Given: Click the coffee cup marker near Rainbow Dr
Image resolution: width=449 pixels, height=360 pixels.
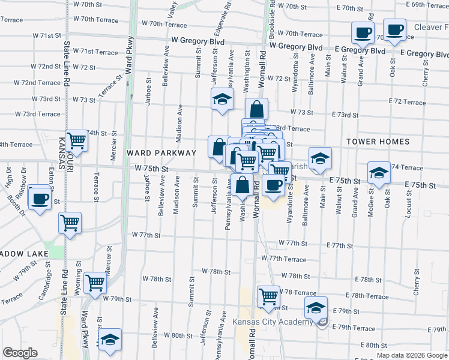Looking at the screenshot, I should [40, 197].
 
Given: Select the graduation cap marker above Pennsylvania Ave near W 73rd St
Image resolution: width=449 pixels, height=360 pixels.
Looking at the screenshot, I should [221, 100].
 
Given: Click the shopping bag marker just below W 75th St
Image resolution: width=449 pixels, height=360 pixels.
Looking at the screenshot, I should [243, 185].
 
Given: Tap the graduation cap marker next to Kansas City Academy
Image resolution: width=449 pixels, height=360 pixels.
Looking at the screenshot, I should [316, 308].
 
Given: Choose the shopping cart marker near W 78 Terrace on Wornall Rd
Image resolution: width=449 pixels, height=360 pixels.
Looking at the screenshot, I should [268, 296].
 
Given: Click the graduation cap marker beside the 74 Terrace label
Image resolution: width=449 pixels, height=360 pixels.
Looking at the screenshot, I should [378, 173].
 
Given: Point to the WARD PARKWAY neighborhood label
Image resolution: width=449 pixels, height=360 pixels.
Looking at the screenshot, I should [161, 153].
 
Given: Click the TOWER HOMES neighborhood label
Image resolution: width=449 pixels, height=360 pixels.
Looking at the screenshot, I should [378, 142].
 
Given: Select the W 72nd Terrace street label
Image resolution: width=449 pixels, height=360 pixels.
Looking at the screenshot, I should [37, 83].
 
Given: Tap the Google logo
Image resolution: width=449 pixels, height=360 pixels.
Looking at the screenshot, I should [20, 353].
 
